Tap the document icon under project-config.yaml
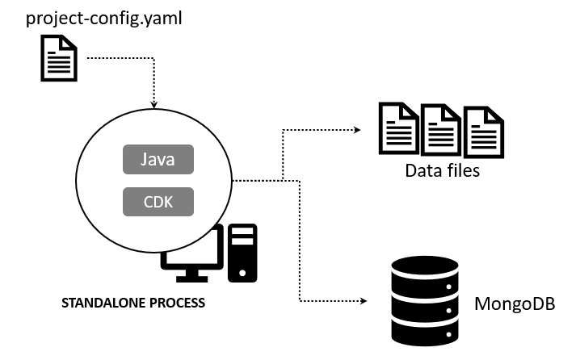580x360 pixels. [59, 62]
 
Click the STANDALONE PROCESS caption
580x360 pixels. [133, 304]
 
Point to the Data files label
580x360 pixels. [443, 170]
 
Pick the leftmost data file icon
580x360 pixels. [399, 128]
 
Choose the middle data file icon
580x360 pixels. [441, 128]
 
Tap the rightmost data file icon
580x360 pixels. [483, 130]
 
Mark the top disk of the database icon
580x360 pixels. [424, 266]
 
